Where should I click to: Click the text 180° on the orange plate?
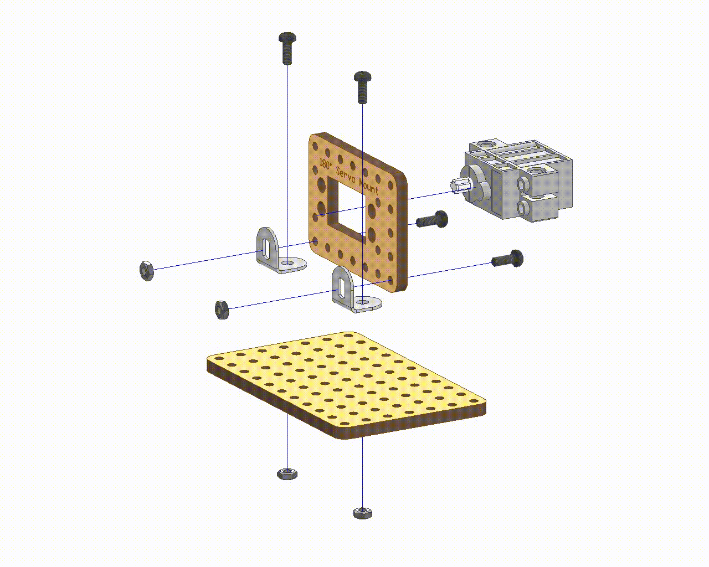[x=326, y=164]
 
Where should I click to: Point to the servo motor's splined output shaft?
[x=459, y=185]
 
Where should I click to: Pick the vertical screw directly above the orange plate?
[x=362, y=87]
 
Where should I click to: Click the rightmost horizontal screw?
[x=507, y=259]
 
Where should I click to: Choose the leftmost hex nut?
[x=147, y=270]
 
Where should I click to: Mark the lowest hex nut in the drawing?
[x=362, y=512]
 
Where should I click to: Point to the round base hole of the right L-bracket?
[x=363, y=302]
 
